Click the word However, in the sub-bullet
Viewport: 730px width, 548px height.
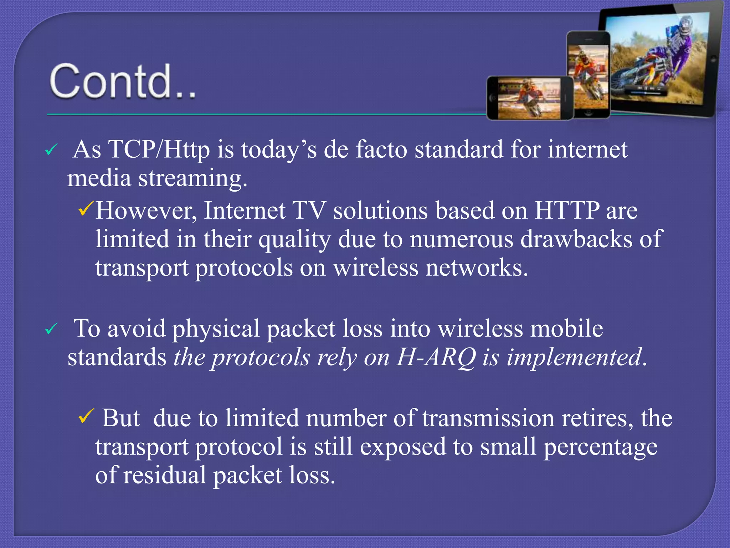(146, 211)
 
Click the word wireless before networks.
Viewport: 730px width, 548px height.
(376, 268)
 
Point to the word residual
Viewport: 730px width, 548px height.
(164, 476)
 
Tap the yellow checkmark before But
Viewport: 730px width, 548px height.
(86, 416)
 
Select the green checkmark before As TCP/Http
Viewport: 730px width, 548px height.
(51, 150)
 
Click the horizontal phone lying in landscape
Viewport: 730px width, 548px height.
(530, 98)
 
